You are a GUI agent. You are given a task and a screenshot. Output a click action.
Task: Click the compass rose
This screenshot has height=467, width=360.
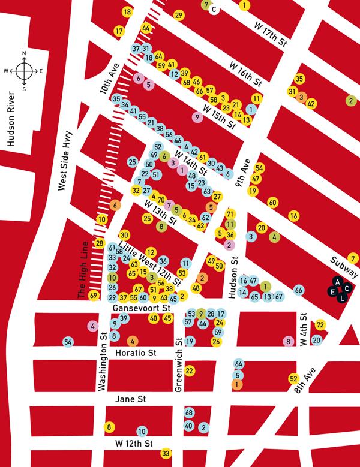(24, 71)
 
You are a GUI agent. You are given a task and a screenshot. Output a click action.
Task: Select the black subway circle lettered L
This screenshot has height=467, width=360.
(342, 297)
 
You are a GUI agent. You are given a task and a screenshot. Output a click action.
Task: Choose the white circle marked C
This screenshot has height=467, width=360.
(214, 10)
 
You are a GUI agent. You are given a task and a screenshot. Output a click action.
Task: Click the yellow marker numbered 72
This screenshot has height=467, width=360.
(320, 325)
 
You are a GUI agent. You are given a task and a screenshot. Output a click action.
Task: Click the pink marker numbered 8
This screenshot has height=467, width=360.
(289, 341)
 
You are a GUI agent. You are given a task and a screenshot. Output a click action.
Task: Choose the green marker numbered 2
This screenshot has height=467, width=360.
(351, 101)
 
